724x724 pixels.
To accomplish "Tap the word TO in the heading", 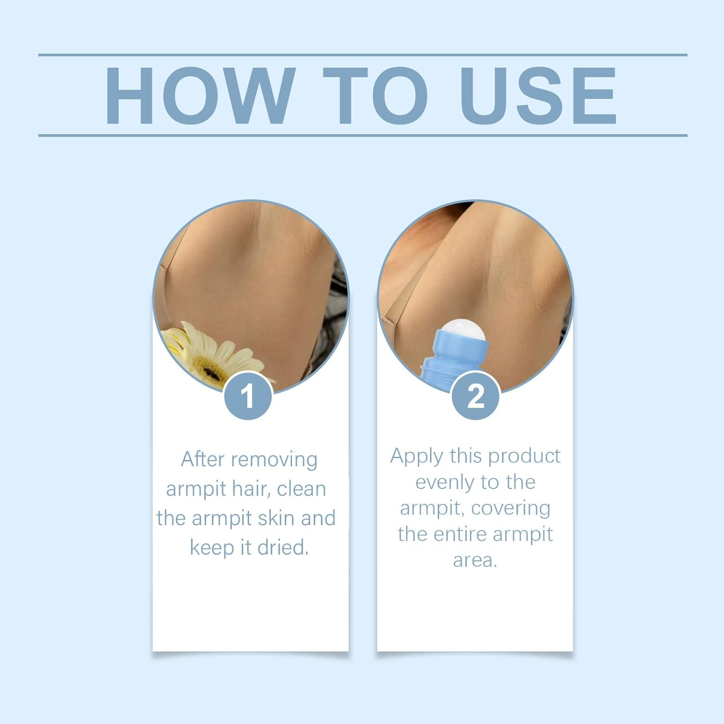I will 375,96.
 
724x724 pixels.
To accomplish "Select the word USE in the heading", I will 538,96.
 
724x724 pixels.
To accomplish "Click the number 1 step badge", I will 248,396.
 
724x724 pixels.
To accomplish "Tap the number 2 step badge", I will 475,396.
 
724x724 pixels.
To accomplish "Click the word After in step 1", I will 202,459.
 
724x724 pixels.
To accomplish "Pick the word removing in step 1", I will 274,460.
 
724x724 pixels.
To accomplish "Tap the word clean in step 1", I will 302,488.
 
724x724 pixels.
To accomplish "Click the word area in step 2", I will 475,560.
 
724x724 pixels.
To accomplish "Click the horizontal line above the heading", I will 362,55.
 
